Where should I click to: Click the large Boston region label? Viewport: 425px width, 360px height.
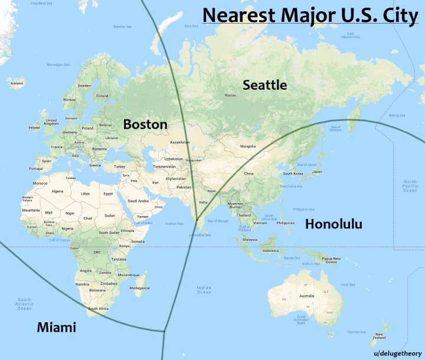pos(145,125)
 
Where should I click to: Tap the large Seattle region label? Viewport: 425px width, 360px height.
pos(265,85)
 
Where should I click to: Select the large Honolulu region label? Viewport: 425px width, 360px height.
pos(333,224)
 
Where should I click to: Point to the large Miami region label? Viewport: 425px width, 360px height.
pos(56,327)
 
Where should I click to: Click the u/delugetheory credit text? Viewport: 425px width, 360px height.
pos(397,352)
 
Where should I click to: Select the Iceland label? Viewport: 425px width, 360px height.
pos(17,83)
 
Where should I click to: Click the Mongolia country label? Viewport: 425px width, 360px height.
pos(247,146)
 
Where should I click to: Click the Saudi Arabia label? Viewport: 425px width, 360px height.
pos(138,201)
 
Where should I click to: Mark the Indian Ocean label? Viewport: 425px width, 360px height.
pos(204,289)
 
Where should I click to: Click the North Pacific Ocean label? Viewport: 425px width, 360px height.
pos(410,186)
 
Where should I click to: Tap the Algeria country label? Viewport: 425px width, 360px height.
pos(58,191)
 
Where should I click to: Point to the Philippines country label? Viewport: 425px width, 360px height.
pos(285,223)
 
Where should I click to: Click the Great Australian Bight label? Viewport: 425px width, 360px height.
pos(301,319)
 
